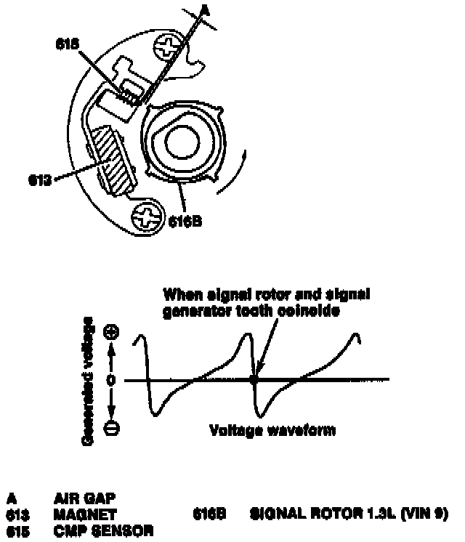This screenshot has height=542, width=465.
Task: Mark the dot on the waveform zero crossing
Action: point(254,379)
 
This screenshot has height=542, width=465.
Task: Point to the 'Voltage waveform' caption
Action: point(272,430)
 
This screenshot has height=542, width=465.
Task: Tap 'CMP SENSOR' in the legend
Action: point(103,530)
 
